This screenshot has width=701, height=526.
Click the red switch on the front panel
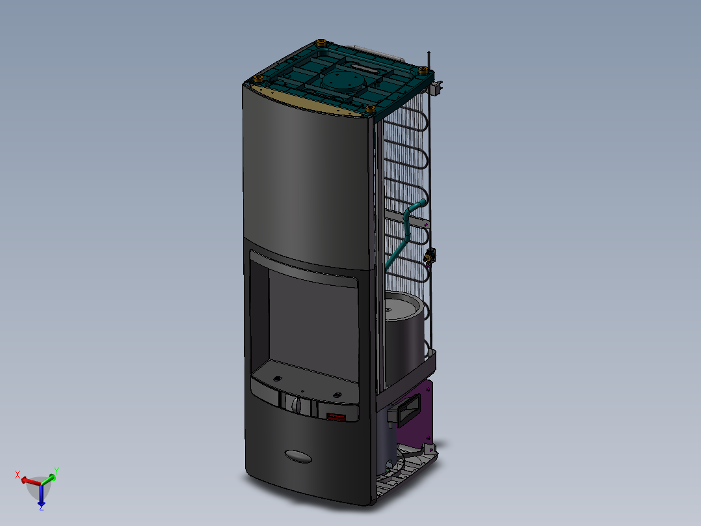tap(336, 417)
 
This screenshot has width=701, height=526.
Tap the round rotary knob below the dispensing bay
tap(298, 405)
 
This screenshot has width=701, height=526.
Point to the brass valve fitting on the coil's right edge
tap(429, 256)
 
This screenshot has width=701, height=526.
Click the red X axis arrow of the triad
tap(26, 480)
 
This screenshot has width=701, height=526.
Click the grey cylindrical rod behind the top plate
tap(369, 49)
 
